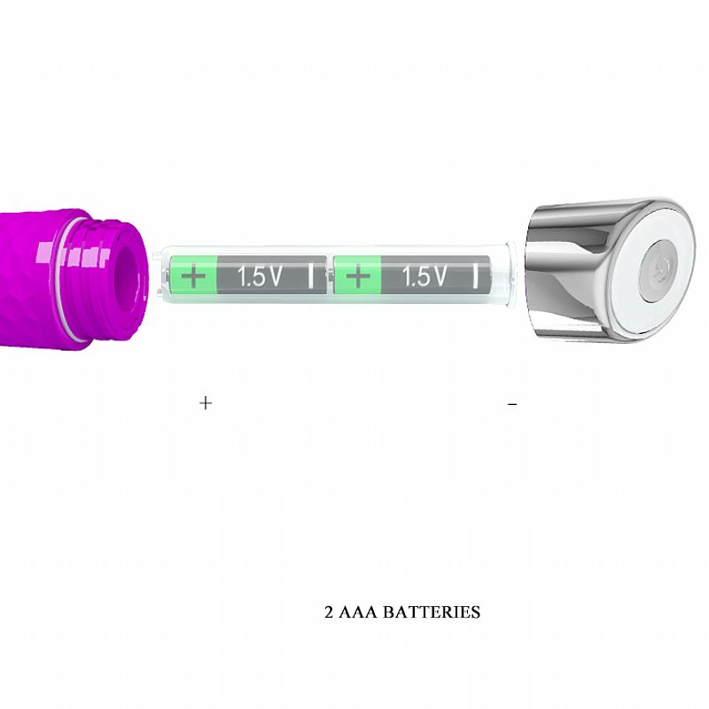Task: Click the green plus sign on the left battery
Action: (193, 276)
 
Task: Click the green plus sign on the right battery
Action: (358, 277)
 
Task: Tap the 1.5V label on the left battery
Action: (260, 277)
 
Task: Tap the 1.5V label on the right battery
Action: (425, 277)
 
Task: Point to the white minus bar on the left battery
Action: (311, 276)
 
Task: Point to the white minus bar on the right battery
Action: (475, 276)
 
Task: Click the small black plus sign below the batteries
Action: (206, 402)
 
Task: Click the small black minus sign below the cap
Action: (512, 404)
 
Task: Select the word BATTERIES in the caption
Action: (432, 612)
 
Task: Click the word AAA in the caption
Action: (358, 612)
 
